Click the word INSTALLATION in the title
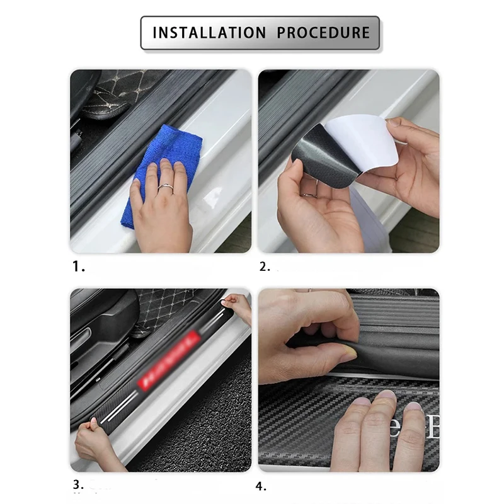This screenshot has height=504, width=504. click(207, 32)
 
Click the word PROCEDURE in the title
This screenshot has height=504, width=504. click(323, 32)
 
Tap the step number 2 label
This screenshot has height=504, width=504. click(264, 266)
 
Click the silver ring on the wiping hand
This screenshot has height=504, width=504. click(165, 187)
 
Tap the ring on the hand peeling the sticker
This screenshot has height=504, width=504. click(310, 195)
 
